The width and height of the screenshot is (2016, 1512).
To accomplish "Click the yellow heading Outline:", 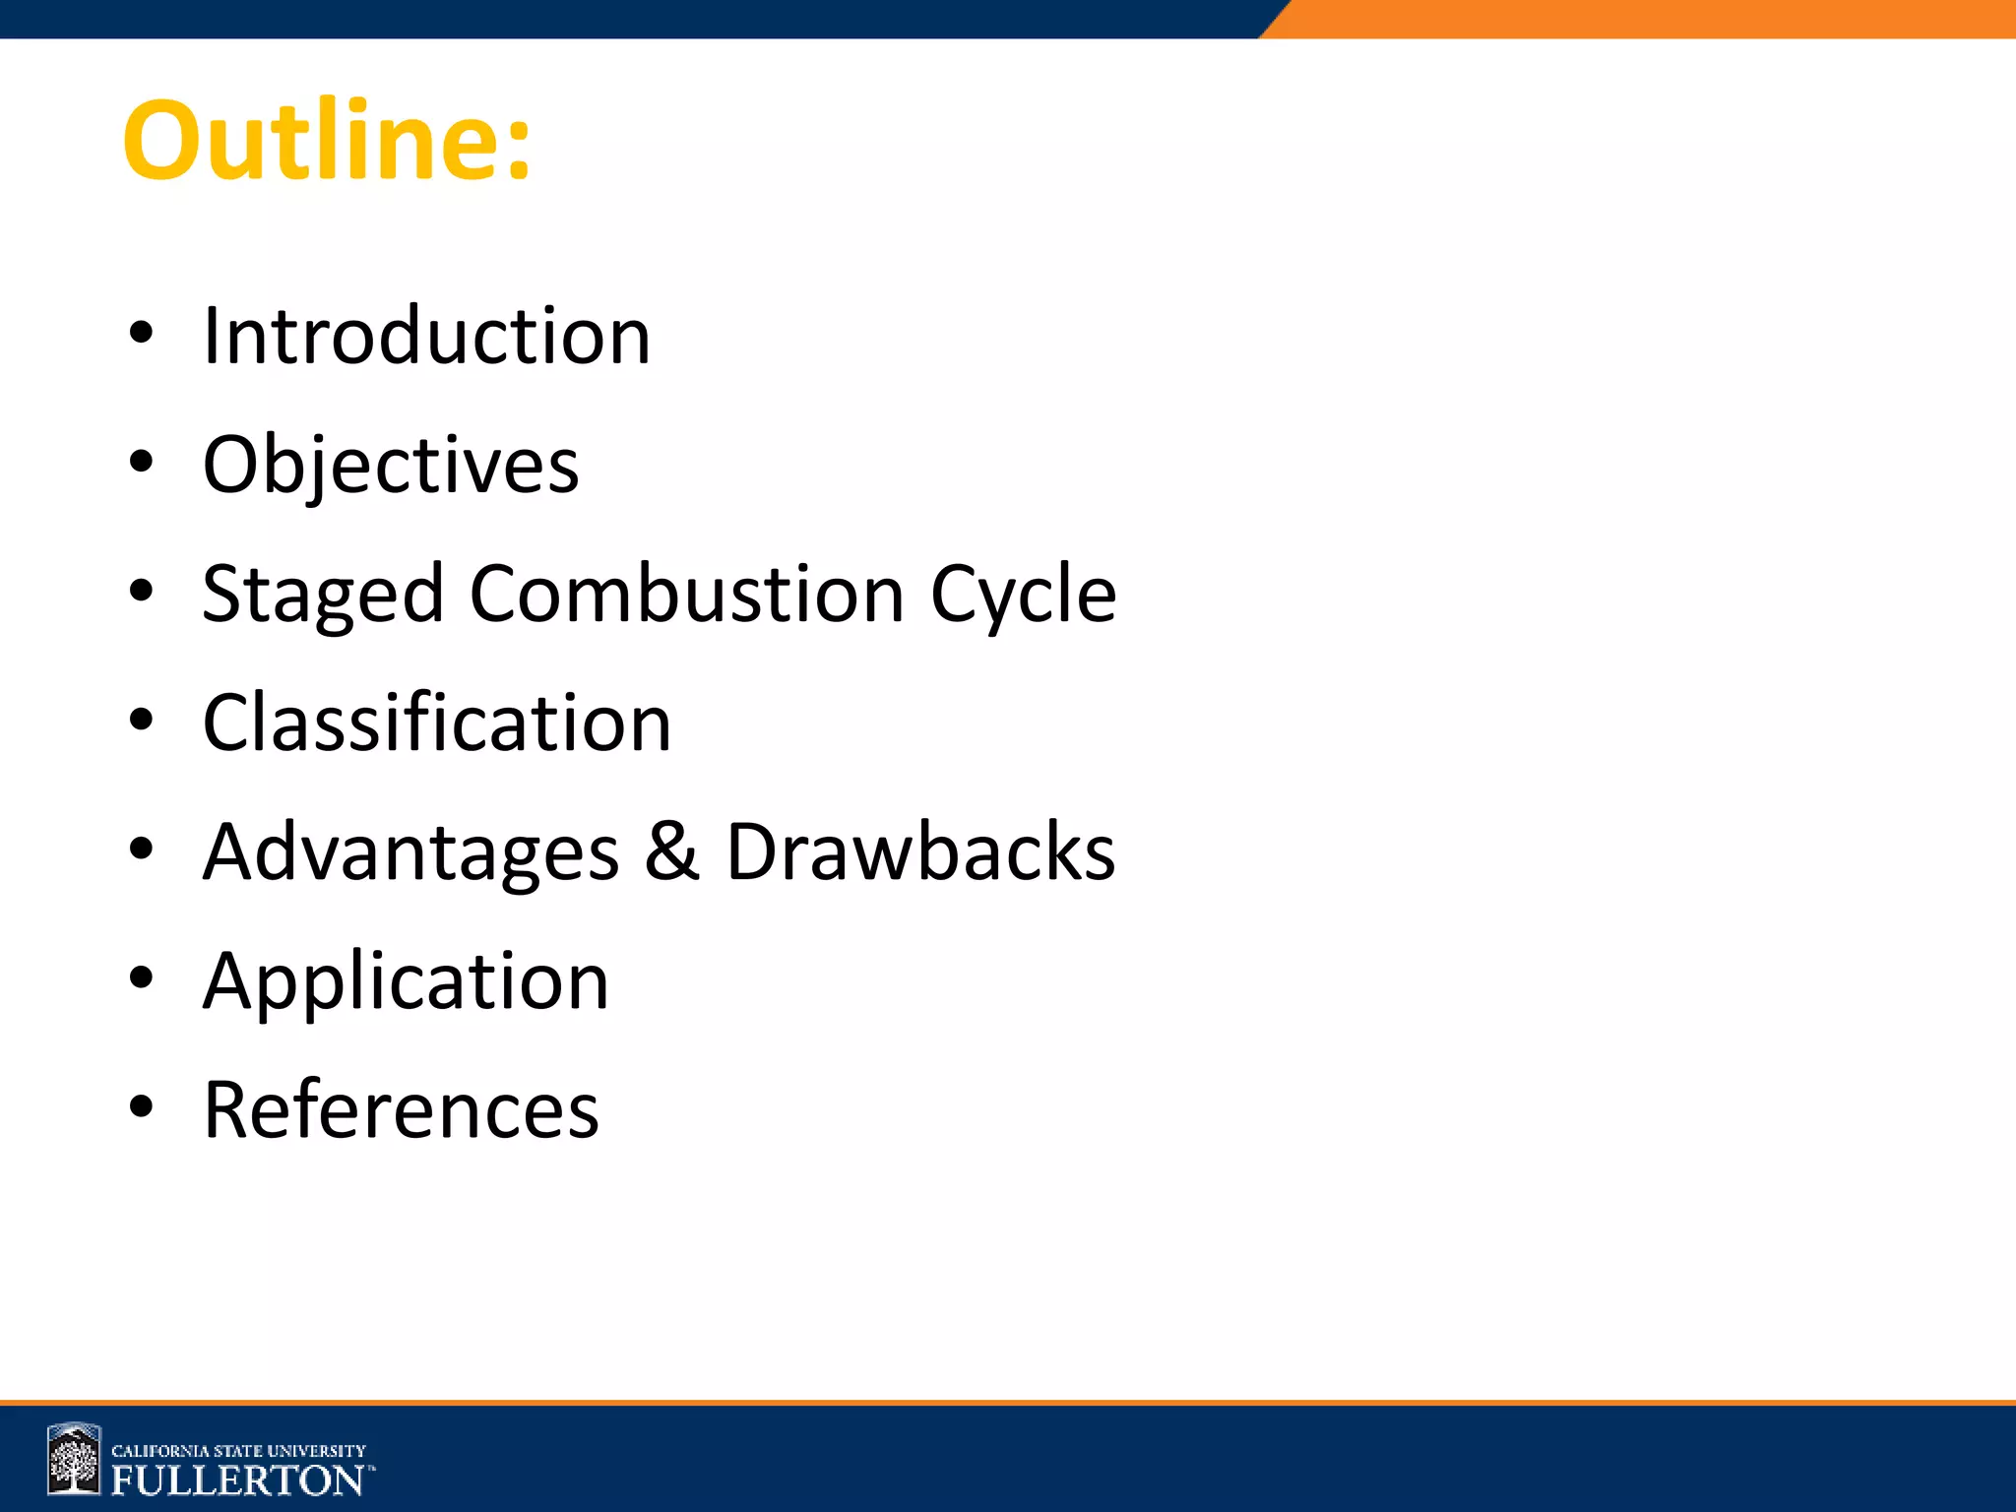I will click(x=327, y=140).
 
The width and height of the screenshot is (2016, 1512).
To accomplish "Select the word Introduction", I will click(x=426, y=336).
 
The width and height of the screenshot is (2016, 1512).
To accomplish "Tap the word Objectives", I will click(x=391, y=465).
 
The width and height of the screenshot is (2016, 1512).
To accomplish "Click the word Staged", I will click(x=323, y=595).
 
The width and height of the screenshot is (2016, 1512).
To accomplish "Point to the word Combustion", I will click(x=686, y=594).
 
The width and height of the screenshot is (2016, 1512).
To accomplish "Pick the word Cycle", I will click(x=1023, y=595).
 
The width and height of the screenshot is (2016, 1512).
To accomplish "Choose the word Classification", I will click(x=437, y=723).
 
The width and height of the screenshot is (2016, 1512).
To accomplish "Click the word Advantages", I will click(x=410, y=852).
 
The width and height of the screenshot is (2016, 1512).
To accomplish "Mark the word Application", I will click(x=406, y=982).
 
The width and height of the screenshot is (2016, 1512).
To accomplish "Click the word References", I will click(x=401, y=1109).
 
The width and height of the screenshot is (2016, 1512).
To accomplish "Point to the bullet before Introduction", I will click(x=142, y=334).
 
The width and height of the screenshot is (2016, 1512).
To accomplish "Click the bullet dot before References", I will click(x=142, y=1106).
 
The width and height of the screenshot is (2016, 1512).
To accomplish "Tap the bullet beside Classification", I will click(x=142, y=721).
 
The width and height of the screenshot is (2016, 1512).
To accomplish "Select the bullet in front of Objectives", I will click(x=142, y=463).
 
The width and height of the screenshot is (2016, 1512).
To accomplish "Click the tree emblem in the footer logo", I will click(x=75, y=1460).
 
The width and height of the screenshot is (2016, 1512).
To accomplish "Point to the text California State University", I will click(x=238, y=1451).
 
